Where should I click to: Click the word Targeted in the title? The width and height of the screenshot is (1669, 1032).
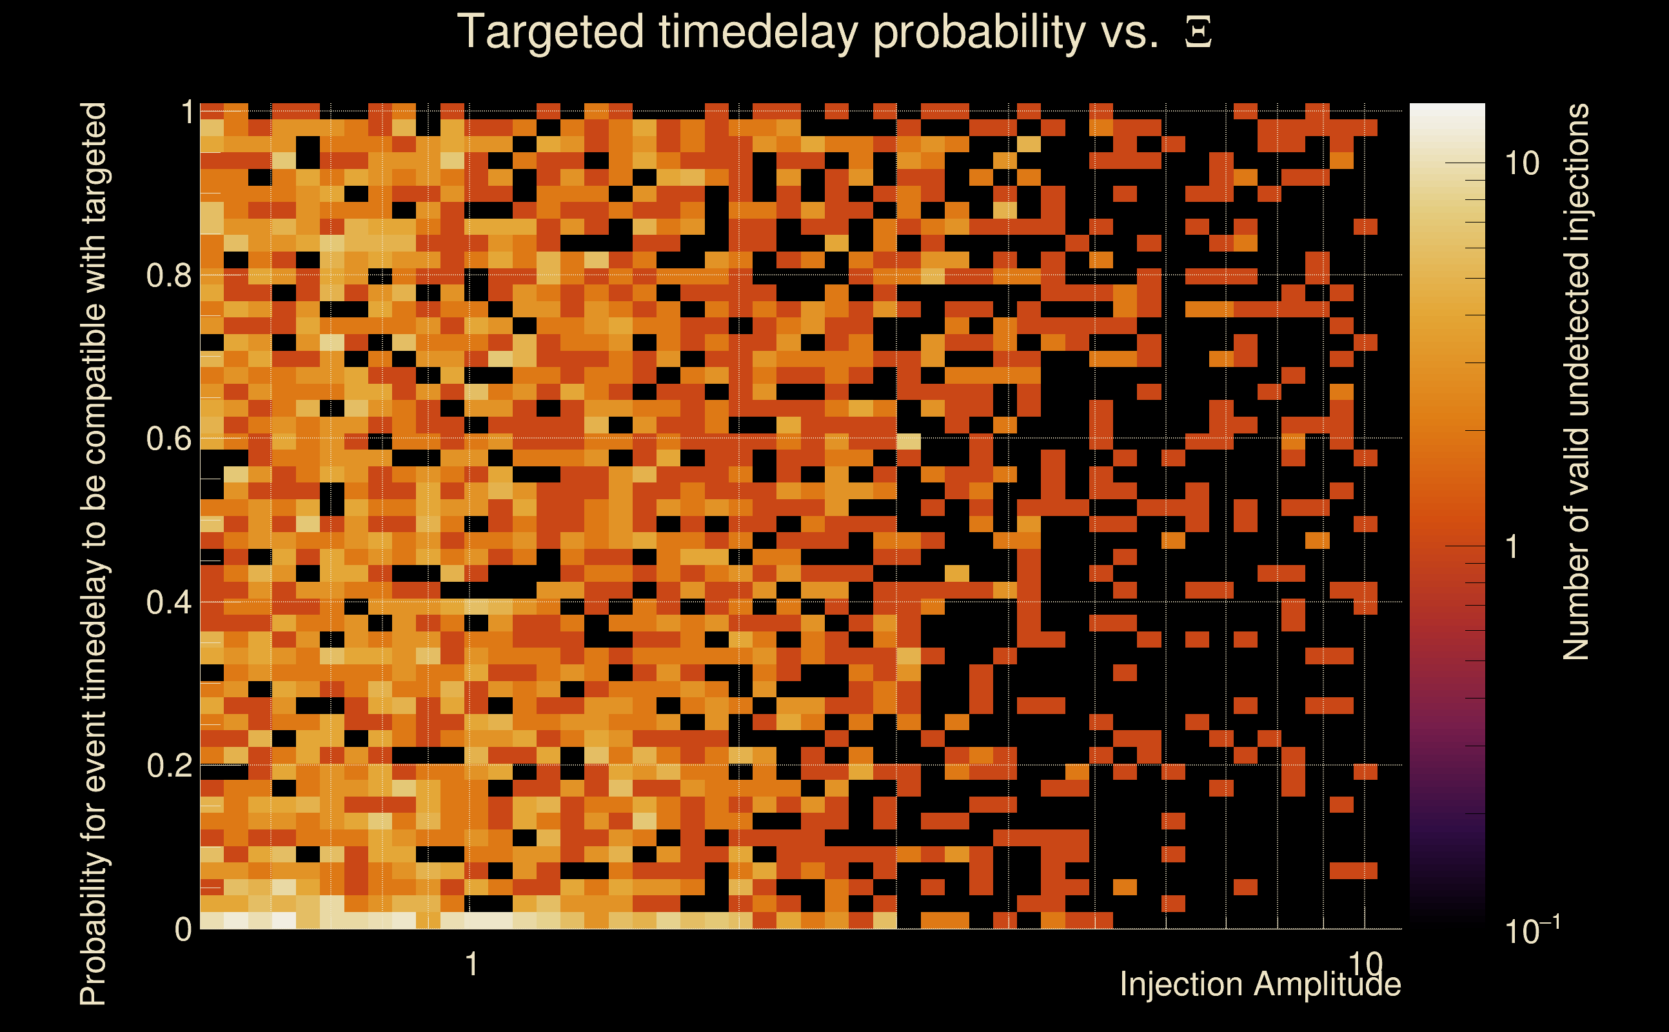550,32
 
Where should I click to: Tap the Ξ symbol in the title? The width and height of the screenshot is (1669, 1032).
1198,33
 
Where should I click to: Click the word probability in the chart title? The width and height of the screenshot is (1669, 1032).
978,32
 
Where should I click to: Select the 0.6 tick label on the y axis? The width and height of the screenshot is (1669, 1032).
169,438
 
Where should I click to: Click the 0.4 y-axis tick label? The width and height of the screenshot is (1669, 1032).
169,602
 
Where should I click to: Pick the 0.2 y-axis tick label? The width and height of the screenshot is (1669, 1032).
169,765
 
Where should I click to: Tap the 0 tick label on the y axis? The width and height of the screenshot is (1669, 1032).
184,929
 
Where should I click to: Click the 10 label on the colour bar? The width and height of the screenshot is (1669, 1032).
1521,164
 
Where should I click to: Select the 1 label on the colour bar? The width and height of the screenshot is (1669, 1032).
1513,547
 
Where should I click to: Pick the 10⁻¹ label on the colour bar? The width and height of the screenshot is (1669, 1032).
1532,929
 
